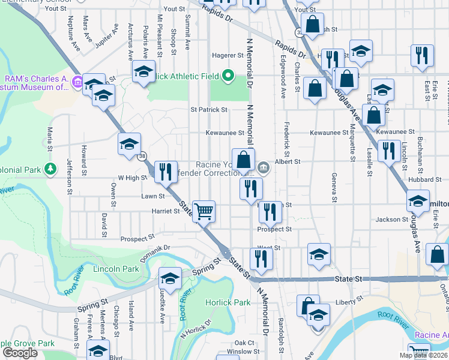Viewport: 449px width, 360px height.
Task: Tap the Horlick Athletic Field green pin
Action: click(x=228, y=76)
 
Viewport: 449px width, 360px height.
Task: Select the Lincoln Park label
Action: click(x=116, y=269)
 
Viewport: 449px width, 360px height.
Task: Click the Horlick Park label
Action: click(x=228, y=302)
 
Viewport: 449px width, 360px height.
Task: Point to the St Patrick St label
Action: click(x=209, y=110)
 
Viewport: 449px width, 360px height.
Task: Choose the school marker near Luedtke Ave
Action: click(x=170, y=279)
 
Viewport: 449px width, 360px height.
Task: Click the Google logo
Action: click(x=20, y=352)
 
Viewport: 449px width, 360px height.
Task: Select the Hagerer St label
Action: click(x=226, y=55)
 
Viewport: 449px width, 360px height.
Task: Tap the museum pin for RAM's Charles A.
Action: click(x=77, y=81)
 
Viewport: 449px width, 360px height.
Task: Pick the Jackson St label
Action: click(x=391, y=220)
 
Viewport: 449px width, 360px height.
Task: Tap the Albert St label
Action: click(x=288, y=161)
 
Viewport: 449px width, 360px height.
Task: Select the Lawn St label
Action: click(x=152, y=196)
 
